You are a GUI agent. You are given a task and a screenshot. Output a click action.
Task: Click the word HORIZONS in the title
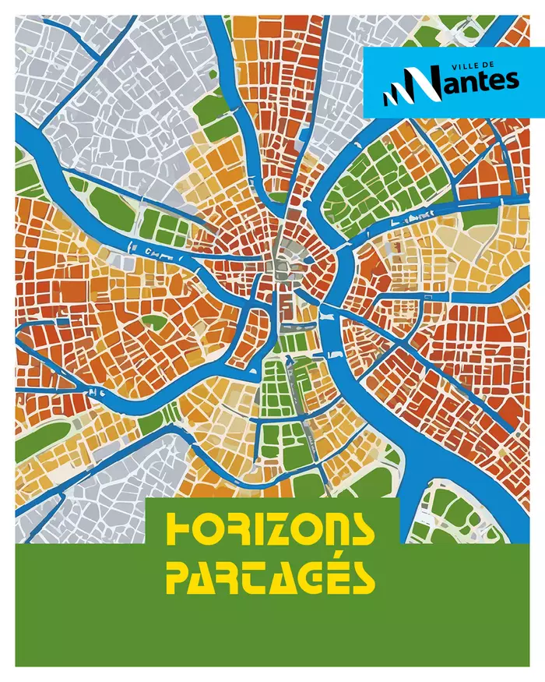point(271,531)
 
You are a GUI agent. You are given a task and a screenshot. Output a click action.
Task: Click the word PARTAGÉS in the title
point(271,576)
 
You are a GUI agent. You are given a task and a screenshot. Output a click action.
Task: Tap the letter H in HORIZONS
point(180,531)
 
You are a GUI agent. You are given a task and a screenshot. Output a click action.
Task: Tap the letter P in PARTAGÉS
point(180,576)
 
